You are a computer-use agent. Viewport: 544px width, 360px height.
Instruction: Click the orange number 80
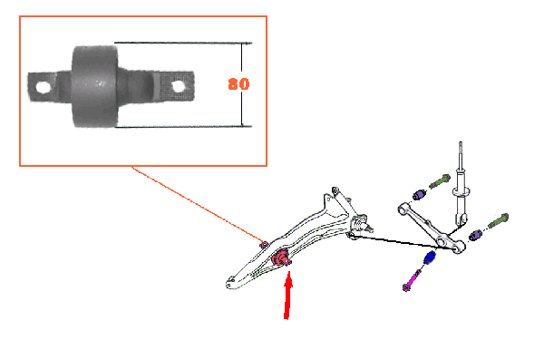238,84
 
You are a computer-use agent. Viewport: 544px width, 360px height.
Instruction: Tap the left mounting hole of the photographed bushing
44,87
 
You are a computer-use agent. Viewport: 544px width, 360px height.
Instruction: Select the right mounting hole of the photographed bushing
178,86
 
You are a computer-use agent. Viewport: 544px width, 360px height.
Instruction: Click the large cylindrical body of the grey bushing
94,86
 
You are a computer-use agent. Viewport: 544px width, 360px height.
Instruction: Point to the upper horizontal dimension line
183,43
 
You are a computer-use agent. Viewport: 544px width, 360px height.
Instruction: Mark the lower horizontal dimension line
183,127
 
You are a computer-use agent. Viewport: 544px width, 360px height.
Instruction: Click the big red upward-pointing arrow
287,295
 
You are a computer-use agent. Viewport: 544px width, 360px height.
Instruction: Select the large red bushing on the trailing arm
280,258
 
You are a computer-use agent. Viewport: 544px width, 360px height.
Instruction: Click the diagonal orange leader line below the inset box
199,205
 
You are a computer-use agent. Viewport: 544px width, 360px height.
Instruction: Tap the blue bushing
430,258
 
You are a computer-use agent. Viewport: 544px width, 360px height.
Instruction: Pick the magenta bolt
412,280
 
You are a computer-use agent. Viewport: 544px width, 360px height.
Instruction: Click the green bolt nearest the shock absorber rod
440,180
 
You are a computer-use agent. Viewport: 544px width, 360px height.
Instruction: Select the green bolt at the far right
498,220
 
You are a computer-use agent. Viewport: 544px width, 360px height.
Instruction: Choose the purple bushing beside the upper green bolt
420,194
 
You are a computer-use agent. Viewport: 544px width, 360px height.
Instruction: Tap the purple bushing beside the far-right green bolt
475,236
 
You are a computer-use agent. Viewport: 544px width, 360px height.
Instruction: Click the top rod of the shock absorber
461,155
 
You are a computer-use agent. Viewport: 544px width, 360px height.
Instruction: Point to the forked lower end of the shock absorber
461,220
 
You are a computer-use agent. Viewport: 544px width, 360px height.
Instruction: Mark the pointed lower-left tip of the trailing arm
228,285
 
